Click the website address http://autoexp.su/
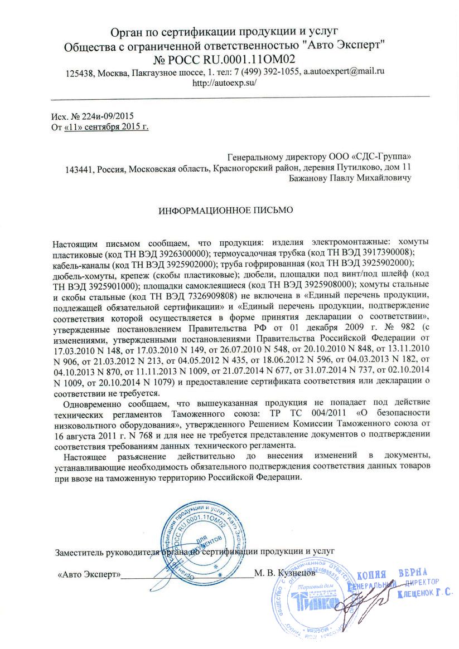(x=223, y=84)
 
